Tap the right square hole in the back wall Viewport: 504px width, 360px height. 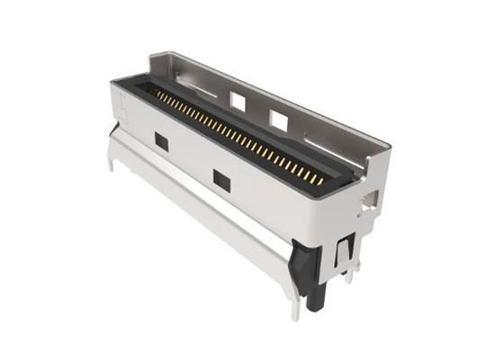(x=279, y=118)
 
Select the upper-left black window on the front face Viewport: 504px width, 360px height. (x=162, y=141)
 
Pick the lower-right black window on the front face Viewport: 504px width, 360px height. (x=221, y=180)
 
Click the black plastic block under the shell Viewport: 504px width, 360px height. (x=306, y=265)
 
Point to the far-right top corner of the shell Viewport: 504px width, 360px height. (x=389, y=144)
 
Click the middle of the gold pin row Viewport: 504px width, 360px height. (x=236, y=135)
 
